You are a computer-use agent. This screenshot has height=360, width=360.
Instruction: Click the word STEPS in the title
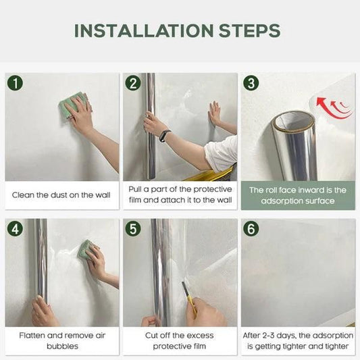(x=249, y=30)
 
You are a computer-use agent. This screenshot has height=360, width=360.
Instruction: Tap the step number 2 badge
(x=133, y=84)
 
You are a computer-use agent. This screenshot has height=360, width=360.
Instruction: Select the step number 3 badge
(x=251, y=84)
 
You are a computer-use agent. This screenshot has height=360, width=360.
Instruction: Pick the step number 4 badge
(x=14, y=228)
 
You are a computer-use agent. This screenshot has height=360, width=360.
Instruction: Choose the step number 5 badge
(x=133, y=228)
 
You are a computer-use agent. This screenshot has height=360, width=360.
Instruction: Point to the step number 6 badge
(x=251, y=228)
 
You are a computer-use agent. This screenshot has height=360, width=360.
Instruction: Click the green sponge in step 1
(x=73, y=106)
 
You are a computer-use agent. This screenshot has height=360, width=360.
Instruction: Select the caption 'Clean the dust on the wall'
(x=61, y=195)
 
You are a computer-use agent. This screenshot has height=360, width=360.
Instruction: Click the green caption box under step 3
(x=298, y=195)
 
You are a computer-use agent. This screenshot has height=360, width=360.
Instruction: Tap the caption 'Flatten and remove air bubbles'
(x=61, y=340)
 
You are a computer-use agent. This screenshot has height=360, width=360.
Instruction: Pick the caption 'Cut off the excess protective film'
(x=180, y=340)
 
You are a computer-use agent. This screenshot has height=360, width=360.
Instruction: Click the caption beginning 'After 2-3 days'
(x=298, y=340)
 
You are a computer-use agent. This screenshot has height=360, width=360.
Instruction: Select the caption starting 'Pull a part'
(x=180, y=195)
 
